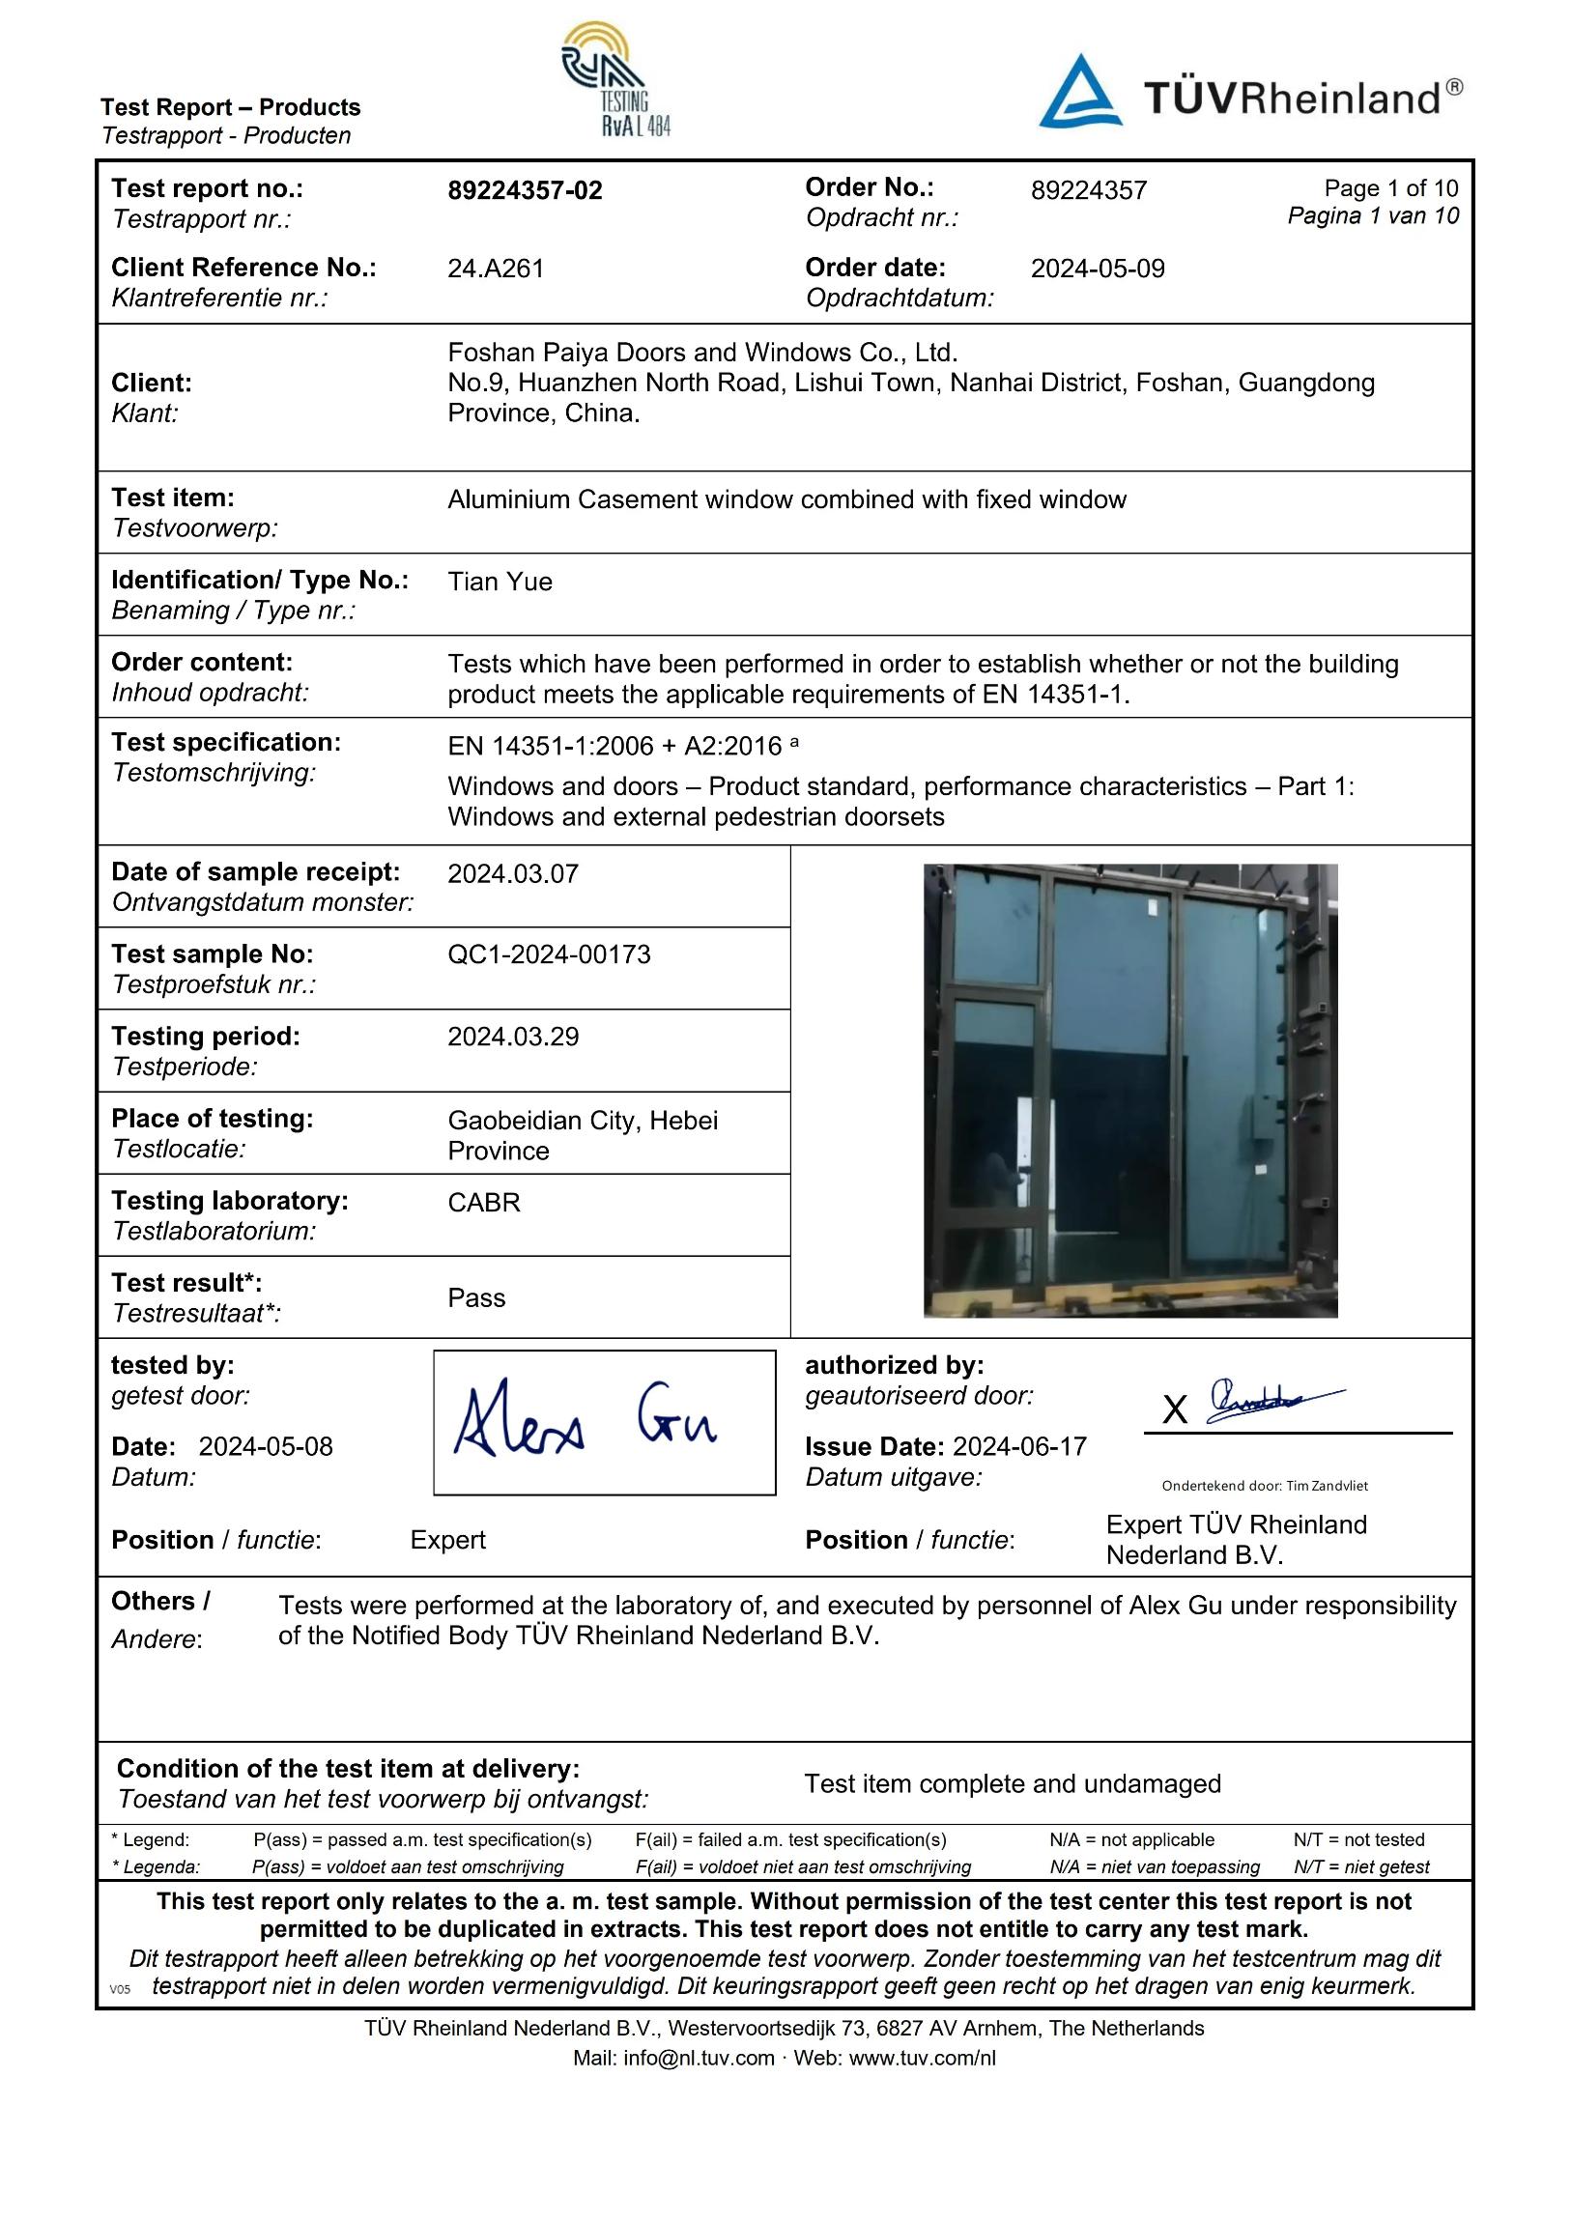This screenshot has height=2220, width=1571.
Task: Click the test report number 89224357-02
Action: [525, 190]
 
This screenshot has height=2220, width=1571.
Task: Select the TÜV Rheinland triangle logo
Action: [1079, 94]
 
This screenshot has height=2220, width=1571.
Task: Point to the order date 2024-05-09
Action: [1097, 269]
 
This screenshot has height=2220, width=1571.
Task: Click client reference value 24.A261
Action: [496, 269]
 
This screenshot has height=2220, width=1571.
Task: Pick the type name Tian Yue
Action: [500, 582]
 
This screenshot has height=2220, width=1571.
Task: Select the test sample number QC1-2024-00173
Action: [549, 954]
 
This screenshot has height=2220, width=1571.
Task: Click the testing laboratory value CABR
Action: [484, 1203]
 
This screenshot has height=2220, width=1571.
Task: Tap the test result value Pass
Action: [476, 1298]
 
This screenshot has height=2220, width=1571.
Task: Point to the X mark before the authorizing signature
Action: [1174, 1410]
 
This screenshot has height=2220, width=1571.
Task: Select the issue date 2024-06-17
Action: [1019, 1447]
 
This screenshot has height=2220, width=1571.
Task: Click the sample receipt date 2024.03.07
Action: [513, 874]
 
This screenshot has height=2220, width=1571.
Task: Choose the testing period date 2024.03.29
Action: [513, 1037]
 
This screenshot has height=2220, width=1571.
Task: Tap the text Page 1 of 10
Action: [1390, 188]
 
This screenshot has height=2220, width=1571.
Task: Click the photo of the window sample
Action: [1129, 1090]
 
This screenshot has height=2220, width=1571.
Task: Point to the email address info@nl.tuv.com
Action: [699, 2058]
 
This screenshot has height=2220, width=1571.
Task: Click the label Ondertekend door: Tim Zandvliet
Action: [1265, 1486]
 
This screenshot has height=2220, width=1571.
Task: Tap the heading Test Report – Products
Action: [230, 107]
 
